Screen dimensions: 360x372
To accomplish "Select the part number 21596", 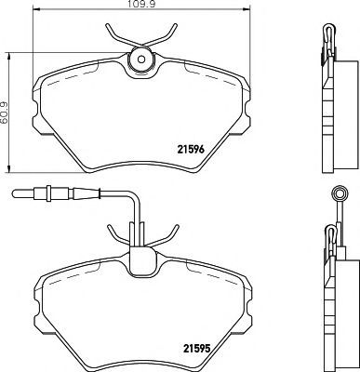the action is point(191,150).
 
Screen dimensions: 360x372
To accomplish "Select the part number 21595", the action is point(197,349).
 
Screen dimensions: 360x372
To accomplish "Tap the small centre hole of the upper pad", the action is point(141,60).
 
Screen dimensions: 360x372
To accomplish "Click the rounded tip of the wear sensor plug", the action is point(14,194).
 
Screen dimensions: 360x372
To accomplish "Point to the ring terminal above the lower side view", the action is point(339,193).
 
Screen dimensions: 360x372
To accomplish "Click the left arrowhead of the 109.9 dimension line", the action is point(35,10).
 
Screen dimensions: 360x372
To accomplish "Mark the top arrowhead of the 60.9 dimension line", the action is point(9,56).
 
